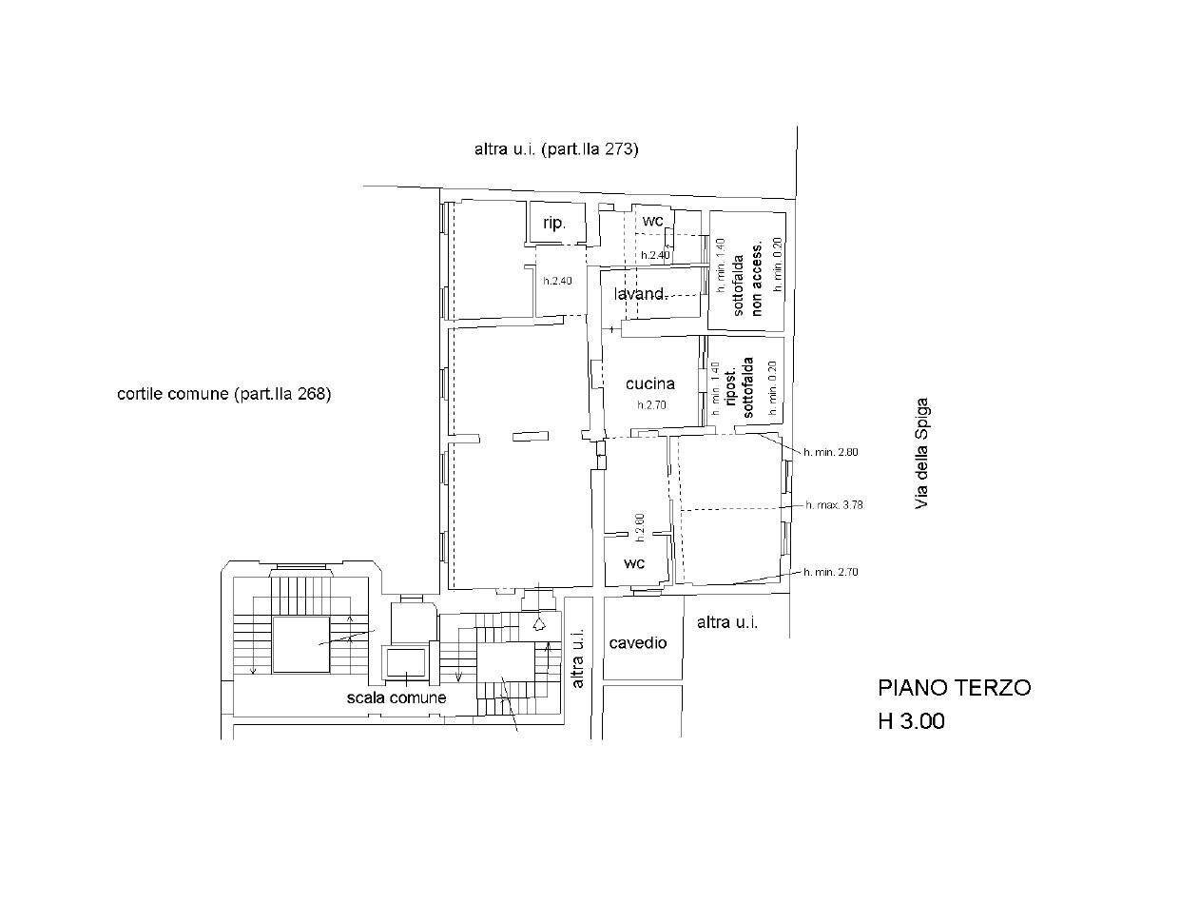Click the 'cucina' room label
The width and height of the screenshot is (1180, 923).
point(650,383)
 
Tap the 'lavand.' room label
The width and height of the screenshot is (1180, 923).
point(640,294)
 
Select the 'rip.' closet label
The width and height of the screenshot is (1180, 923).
point(554,224)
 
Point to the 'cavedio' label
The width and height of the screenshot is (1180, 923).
point(638,643)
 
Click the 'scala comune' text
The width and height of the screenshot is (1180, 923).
point(397,697)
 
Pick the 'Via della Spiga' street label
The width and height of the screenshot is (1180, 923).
point(921,452)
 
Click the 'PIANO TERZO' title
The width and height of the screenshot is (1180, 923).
point(954,687)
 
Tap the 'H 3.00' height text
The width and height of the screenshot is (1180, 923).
point(911,721)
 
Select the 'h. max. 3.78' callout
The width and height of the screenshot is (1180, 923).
point(834,505)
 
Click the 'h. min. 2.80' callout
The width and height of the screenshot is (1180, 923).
point(831,452)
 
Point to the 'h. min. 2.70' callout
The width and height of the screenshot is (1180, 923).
point(831,572)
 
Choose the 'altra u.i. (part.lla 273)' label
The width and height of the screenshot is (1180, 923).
point(556,149)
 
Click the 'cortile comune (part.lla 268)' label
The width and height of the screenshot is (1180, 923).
point(224,394)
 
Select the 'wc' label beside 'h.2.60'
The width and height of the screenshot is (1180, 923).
point(634,563)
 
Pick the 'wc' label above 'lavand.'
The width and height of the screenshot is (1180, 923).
point(652,221)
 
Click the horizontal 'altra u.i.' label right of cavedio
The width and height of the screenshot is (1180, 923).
point(727,622)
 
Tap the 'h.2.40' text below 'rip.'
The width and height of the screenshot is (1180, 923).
point(558,282)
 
